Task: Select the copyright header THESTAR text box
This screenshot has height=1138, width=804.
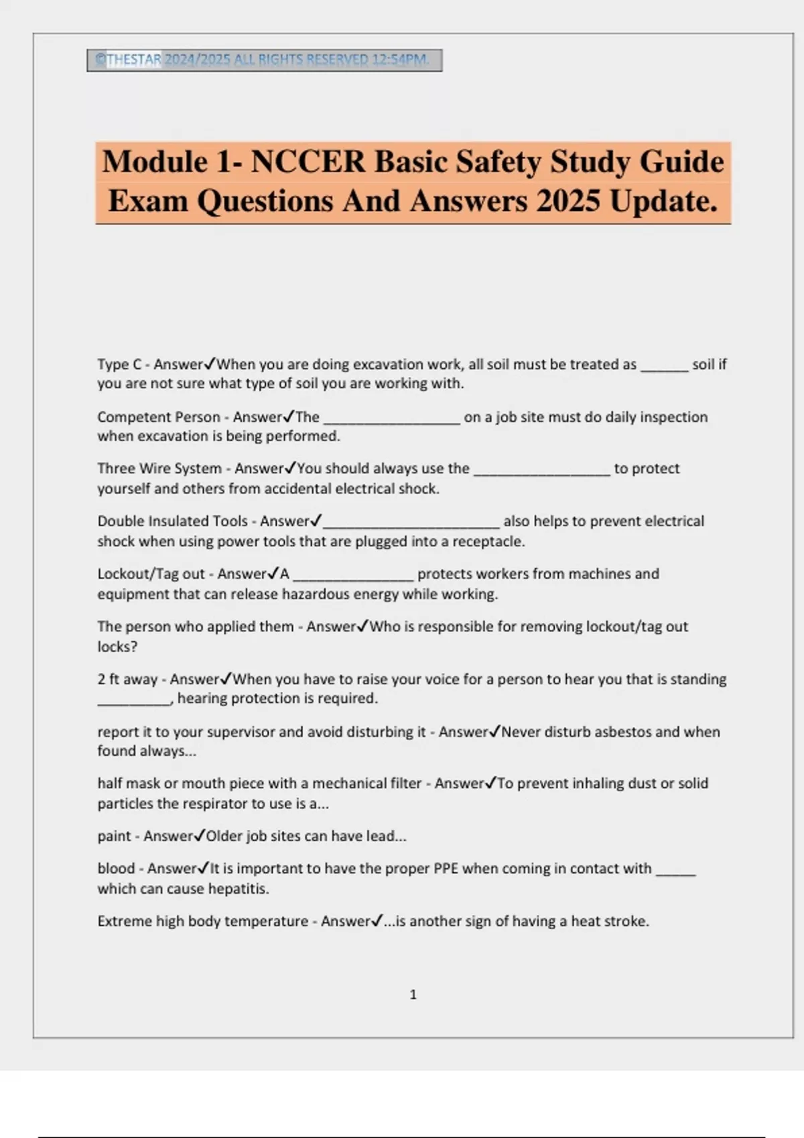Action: pyautogui.click(x=264, y=60)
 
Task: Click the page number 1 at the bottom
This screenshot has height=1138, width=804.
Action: pyautogui.click(x=413, y=995)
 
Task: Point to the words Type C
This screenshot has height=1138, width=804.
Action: pyautogui.click(x=119, y=365)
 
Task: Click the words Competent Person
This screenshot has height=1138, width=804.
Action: pyautogui.click(x=158, y=417)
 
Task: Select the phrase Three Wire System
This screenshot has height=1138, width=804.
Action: pyautogui.click(x=159, y=469)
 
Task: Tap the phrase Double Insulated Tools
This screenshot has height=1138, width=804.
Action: pyautogui.click(x=172, y=521)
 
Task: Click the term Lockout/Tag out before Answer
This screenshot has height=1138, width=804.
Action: pyautogui.click(x=151, y=574)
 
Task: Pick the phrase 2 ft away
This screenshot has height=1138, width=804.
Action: pyautogui.click(x=127, y=679)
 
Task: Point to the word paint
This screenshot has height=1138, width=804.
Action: pyautogui.click(x=114, y=837)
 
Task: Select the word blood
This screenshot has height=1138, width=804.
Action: pyautogui.click(x=116, y=869)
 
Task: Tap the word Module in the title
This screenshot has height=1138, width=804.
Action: pyautogui.click(x=154, y=162)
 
